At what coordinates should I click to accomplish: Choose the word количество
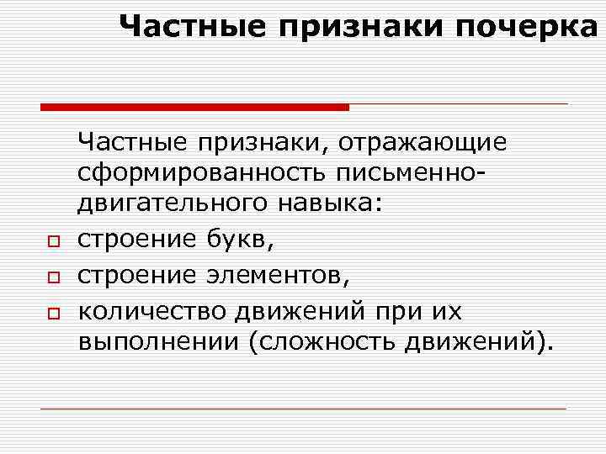tap(151, 312)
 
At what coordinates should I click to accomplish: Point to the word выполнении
tap(156, 342)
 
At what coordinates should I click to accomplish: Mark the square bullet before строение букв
tap(52, 242)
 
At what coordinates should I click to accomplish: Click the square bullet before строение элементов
tap(52, 277)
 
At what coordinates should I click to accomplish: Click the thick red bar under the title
tap(194, 107)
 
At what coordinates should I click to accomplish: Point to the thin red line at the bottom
tap(303, 409)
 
